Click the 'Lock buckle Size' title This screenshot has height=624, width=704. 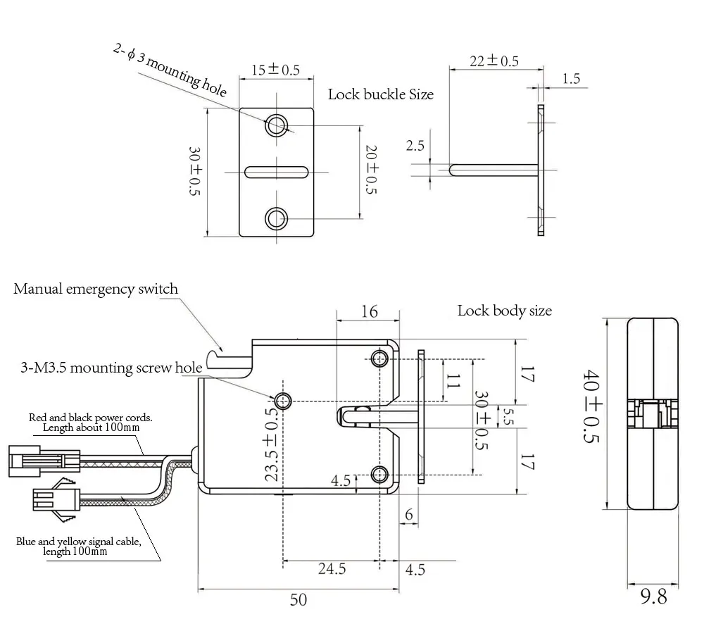381,94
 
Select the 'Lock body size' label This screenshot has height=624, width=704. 504,311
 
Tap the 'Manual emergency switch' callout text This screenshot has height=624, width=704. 96,289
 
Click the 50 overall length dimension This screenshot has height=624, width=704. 298,600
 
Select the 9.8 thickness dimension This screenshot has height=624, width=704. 653,597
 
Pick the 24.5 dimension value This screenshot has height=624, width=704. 332,569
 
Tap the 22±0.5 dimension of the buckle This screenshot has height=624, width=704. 494,61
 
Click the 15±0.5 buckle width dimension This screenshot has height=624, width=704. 276,70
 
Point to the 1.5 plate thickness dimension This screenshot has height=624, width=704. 572,79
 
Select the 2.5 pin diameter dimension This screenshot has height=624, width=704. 415,146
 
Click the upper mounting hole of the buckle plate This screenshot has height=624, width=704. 276,125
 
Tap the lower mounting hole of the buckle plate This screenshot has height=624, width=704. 276,218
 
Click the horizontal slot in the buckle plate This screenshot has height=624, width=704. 276,171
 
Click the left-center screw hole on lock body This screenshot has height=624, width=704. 284,401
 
